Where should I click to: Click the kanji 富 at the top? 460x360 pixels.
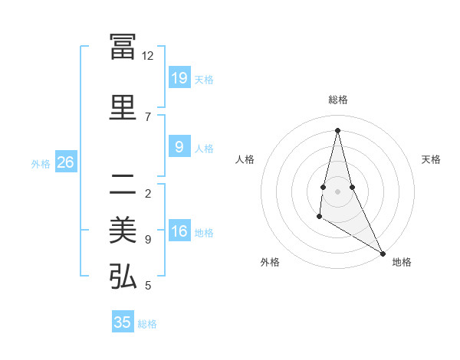tap(123, 46)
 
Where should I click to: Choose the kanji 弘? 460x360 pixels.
tap(123, 277)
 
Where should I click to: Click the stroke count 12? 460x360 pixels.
tap(148, 56)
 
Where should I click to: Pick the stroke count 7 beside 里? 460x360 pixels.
tap(148, 116)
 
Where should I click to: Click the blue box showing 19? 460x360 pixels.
tap(179, 77)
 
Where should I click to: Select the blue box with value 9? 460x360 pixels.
tap(179, 147)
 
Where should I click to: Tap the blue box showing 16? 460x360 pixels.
tap(179, 232)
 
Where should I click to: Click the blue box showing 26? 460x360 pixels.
tap(65, 162)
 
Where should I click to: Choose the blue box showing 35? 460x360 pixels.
tap(123, 322)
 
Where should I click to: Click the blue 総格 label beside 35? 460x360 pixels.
tap(147, 324)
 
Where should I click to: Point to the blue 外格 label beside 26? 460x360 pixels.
tap(41, 163)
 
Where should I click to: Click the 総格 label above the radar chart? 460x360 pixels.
tap(337, 100)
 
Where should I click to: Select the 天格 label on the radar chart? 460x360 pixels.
tap(431, 159)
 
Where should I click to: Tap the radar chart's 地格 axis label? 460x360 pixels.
tap(402, 262)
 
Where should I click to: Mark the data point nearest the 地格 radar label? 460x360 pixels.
tap(383, 253)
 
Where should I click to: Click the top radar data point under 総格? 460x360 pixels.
tap(337, 129)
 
